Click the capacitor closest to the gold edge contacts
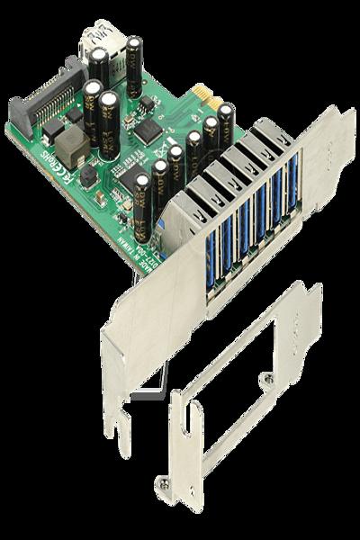pyautogui.click(x=226, y=121)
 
